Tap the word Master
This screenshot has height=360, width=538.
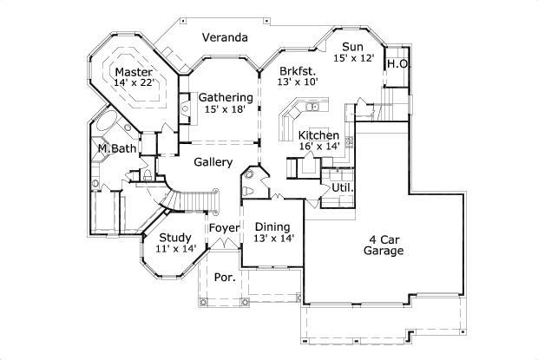click(x=134, y=71)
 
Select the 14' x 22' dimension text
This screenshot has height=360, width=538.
click(x=134, y=83)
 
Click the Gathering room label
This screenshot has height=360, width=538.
click(x=226, y=97)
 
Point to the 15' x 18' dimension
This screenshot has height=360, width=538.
click(x=226, y=109)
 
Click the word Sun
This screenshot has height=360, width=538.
click(x=351, y=47)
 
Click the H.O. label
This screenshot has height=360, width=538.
click(x=397, y=64)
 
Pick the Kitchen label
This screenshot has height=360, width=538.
click(x=318, y=136)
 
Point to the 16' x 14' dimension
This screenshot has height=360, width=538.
click(x=318, y=148)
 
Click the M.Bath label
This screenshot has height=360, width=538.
click(x=116, y=148)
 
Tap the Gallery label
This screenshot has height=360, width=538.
click(x=213, y=162)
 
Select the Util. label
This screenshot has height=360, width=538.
click(x=341, y=187)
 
